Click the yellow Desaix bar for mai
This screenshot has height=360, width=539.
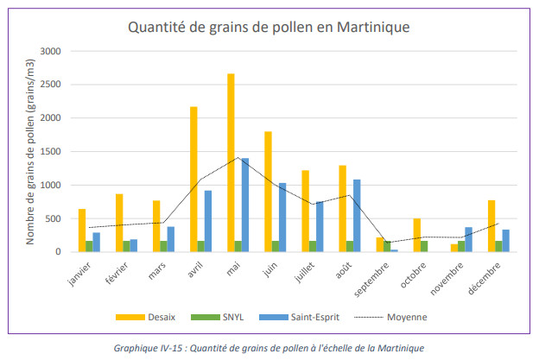[231, 162]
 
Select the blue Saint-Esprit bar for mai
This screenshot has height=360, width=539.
[244, 205]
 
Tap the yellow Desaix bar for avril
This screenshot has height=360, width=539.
[193, 179]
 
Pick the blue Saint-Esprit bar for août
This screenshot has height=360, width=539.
[357, 216]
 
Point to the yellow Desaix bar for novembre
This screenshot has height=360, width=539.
[453, 248]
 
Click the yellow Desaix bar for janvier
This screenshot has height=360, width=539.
[82, 231]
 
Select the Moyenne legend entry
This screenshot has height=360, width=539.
[390, 317]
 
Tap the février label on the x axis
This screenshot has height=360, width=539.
[114, 273]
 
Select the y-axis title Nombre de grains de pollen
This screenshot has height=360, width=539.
[29, 152]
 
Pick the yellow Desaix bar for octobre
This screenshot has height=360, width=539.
[416, 235]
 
